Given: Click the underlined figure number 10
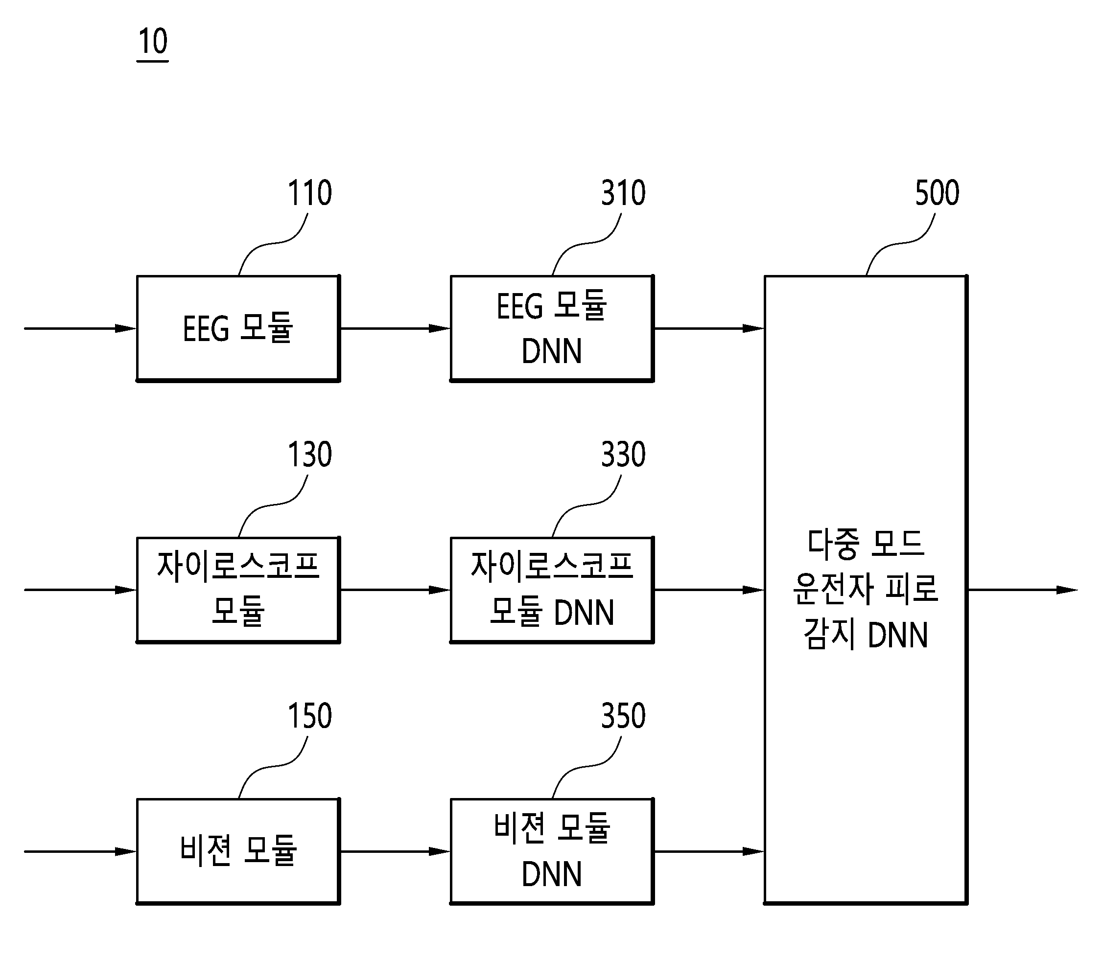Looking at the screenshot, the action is tap(153, 42).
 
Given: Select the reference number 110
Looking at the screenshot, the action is tap(310, 193).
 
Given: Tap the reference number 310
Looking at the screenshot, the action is tap(623, 193).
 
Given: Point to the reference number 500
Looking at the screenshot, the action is tap(937, 193).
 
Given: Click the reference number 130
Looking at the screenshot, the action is tap(310, 455).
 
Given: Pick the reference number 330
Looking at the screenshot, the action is tap(623, 455).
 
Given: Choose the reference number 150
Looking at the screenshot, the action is tap(310, 715).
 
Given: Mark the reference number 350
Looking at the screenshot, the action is tap(623, 715).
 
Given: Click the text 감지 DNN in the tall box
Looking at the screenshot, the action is tap(866, 635).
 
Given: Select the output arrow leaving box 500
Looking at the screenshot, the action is tap(1023, 590).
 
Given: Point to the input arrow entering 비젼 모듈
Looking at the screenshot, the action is tap(80, 851).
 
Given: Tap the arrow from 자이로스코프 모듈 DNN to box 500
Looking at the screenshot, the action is tap(709, 590).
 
